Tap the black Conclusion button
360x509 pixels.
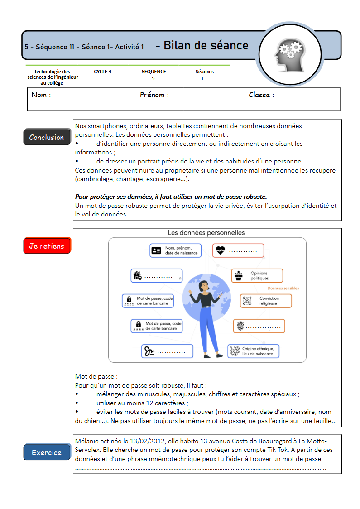pyautogui.click(x=47, y=137)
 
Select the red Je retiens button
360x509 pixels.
pyautogui.click(x=47, y=246)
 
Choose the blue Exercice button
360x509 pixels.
pyautogui.click(x=47, y=452)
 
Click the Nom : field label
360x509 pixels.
pyautogui.click(x=41, y=95)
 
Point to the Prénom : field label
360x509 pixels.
pyautogui.click(x=154, y=95)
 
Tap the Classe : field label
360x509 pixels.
pyautogui.click(x=261, y=95)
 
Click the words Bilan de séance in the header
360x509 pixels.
pyautogui.click(x=206, y=45)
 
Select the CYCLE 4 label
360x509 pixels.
pyautogui.click(x=103, y=72)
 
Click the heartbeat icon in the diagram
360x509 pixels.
pyautogui.click(x=220, y=250)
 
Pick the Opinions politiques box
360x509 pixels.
pyautogui.click(x=257, y=276)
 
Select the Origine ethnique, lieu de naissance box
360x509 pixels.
pyautogui.click(x=253, y=351)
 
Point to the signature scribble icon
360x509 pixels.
pyautogui.click(x=149, y=351)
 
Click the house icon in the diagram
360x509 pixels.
pyautogui.click(x=137, y=275)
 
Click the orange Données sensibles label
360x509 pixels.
pyautogui.click(x=283, y=288)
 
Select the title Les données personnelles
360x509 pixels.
pyautogui.click(x=206, y=233)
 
